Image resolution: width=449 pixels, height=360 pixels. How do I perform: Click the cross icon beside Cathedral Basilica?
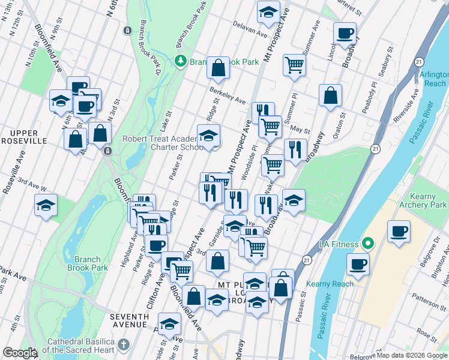(124, 344)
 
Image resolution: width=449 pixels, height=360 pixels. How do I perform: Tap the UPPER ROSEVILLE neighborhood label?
(22, 137)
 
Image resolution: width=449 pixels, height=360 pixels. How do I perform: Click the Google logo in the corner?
(20, 353)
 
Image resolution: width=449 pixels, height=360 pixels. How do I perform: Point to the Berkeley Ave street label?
(228, 95)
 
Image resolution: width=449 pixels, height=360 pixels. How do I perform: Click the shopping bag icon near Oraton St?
(330, 95)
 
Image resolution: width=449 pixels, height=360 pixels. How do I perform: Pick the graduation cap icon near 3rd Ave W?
(46, 205)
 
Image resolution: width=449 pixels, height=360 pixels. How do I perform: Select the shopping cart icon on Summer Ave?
(294, 65)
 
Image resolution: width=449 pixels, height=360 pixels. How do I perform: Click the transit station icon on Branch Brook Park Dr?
(127, 30)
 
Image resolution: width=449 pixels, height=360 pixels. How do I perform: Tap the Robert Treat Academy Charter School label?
(161, 143)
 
